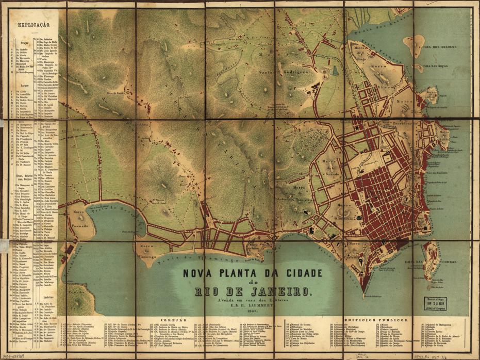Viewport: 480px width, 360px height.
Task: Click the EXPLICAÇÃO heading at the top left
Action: click(33, 24)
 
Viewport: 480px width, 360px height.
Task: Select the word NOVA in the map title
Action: click(198, 272)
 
